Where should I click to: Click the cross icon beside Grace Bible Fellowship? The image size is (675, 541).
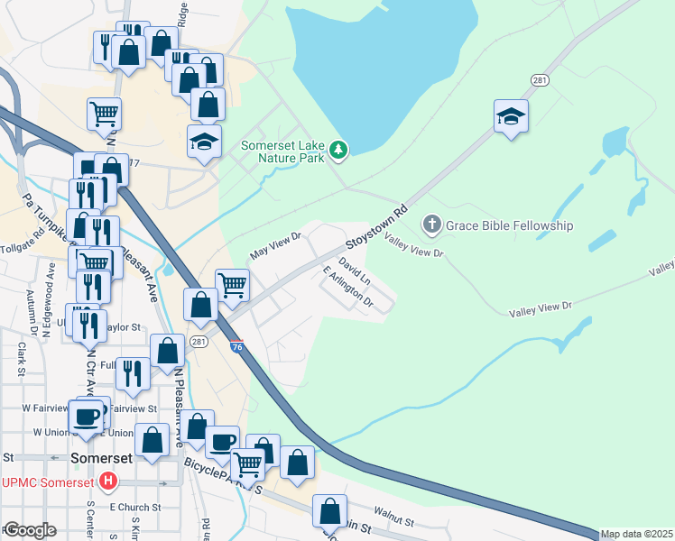[x=432, y=225]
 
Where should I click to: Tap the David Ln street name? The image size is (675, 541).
[x=355, y=270]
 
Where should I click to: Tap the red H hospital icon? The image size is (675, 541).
[x=109, y=481]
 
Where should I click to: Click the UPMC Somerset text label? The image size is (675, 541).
[x=48, y=482]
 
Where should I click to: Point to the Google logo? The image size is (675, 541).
[x=30, y=529]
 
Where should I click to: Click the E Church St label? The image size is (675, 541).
[x=135, y=507]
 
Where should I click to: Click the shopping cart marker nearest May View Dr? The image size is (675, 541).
[x=232, y=285]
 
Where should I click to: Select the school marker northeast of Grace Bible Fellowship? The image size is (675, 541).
[x=511, y=116]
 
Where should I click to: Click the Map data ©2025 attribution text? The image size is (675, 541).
[x=636, y=534]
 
